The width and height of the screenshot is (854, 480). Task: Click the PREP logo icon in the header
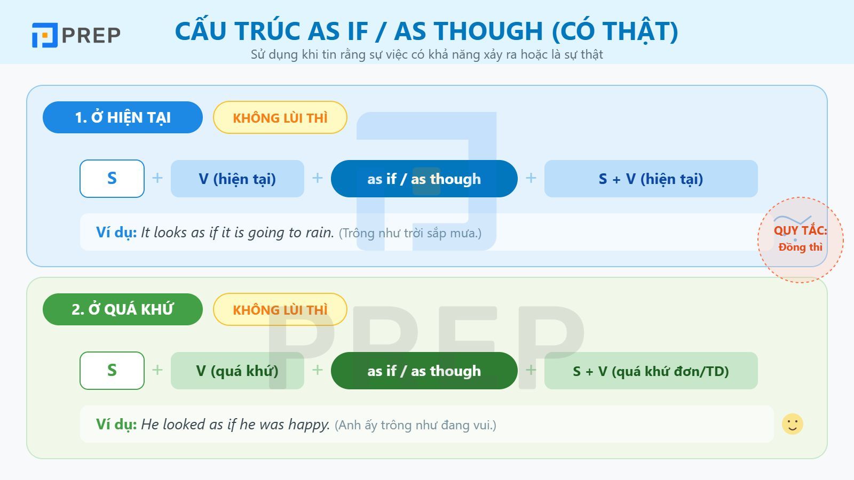point(44,35)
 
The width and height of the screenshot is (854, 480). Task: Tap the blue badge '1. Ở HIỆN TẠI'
point(123,117)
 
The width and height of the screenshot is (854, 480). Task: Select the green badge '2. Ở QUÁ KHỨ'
point(123,309)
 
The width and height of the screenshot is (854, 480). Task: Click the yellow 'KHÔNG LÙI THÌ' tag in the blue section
point(280,117)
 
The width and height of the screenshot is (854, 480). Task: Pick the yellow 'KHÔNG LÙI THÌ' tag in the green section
point(280,309)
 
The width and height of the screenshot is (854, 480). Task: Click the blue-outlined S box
point(112,179)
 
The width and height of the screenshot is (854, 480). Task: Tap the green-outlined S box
point(112,371)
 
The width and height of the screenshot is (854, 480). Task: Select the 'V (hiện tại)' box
point(238,179)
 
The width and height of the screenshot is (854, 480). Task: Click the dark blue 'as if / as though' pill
point(424,179)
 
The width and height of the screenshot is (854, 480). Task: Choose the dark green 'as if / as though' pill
point(424,371)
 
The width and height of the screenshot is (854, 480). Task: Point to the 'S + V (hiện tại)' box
point(651,179)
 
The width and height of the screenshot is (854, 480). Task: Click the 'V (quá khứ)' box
point(238,371)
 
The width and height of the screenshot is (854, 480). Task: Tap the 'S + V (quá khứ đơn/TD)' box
point(651,371)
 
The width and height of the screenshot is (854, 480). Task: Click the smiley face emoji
point(793,424)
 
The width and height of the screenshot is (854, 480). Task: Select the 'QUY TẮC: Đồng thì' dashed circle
point(800,239)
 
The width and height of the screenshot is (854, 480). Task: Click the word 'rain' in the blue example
point(319,233)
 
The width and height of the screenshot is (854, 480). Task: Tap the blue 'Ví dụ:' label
point(116,233)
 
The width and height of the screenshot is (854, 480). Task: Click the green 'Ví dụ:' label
point(116,425)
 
